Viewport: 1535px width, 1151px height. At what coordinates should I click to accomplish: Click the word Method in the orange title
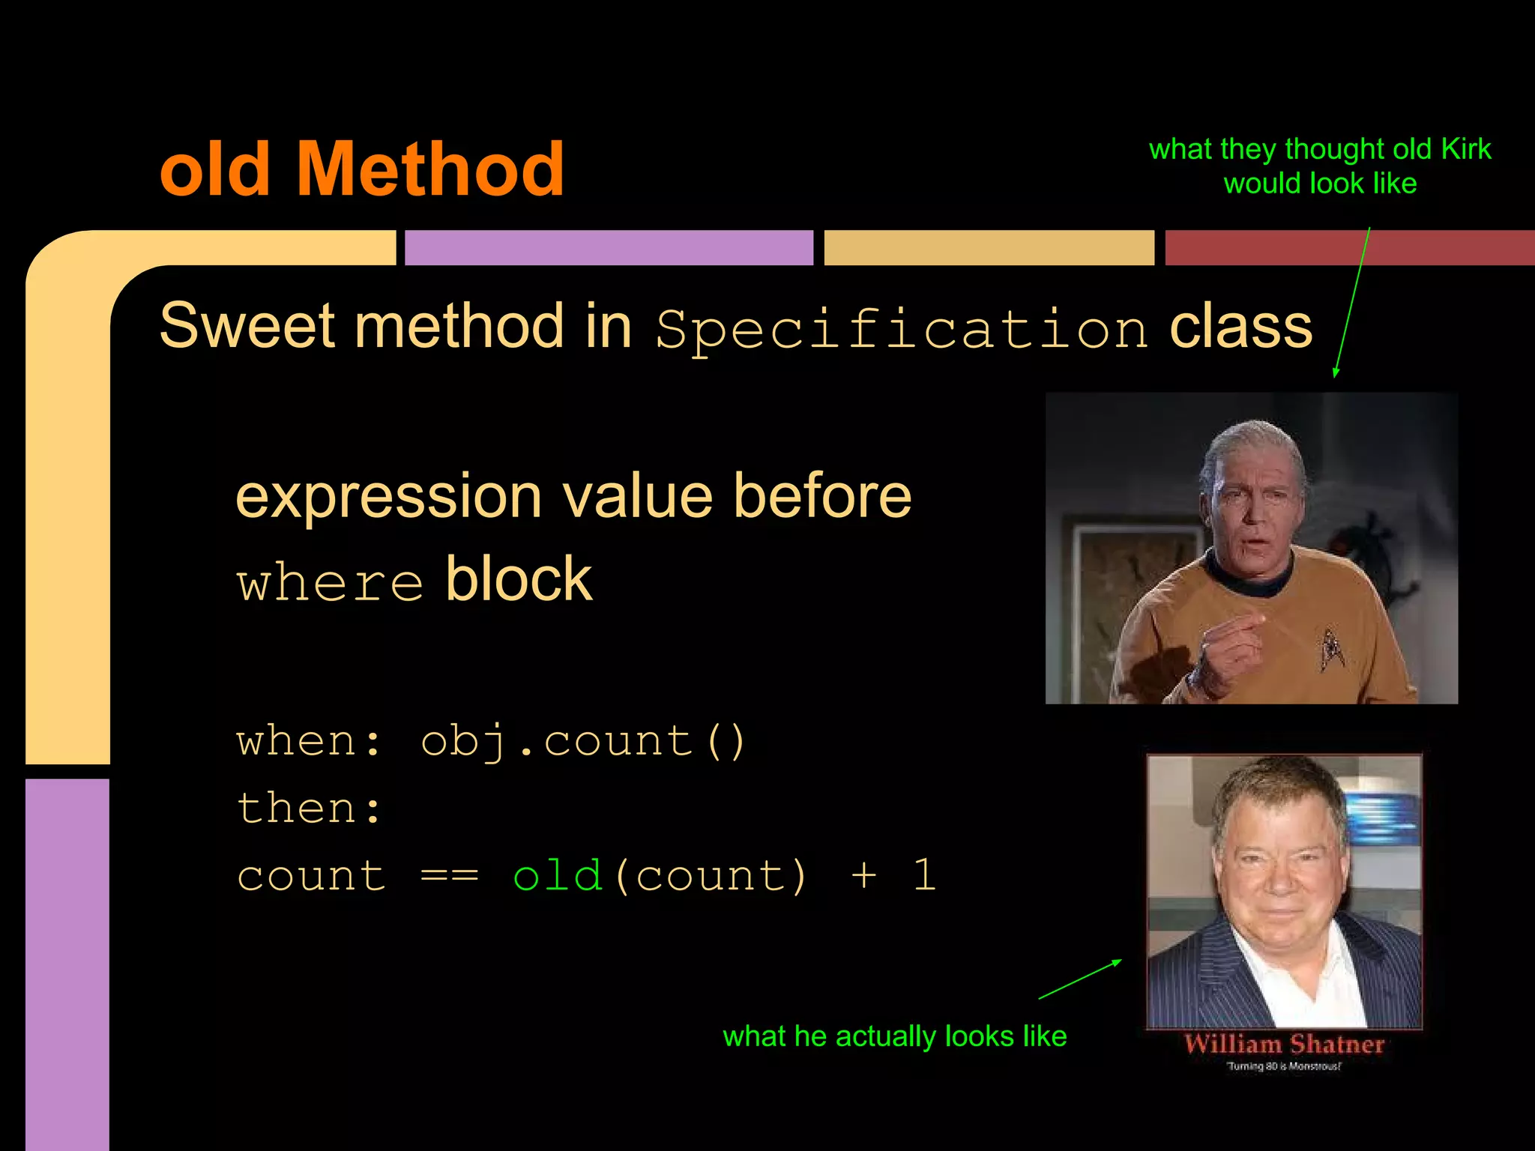tap(430, 170)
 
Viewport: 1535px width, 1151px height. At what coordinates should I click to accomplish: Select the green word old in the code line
tap(558, 875)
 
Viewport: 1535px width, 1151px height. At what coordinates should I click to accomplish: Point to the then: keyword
tap(310, 809)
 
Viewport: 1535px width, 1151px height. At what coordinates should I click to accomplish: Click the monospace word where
tap(331, 583)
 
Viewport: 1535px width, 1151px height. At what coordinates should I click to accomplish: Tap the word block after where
tap(519, 580)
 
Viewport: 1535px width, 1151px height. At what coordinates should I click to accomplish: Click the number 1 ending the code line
tap(924, 874)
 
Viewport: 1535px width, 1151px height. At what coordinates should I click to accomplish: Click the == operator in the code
tap(449, 875)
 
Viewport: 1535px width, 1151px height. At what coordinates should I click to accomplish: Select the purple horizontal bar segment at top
tap(609, 247)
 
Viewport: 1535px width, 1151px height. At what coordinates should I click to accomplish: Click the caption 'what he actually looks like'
tap(894, 1036)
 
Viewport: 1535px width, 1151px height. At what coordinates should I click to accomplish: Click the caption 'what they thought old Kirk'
tap(1320, 149)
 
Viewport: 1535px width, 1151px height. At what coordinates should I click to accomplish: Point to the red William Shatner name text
tap(1284, 1044)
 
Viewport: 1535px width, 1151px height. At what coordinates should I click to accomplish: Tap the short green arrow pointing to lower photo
tap(1081, 979)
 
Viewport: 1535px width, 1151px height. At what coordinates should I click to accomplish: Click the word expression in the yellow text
tap(388, 497)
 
